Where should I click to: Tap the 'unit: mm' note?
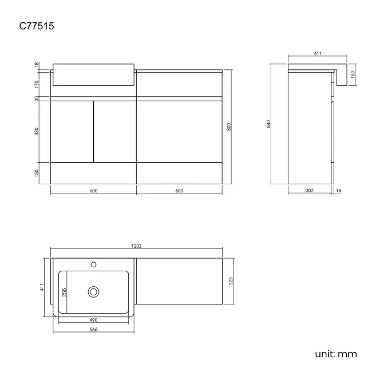(336, 353)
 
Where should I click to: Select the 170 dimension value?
(37, 84)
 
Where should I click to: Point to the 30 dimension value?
(37, 98)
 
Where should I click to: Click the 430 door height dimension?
(37, 132)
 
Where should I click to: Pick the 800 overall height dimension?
(229, 127)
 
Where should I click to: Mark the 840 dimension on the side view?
(268, 125)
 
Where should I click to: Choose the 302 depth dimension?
(310, 191)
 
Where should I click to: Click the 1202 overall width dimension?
(136, 246)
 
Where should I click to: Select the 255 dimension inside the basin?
(64, 292)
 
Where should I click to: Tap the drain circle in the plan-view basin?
(93, 291)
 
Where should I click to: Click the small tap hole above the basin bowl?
(93, 265)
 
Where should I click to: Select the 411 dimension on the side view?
(318, 54)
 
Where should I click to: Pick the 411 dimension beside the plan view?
(42, 287)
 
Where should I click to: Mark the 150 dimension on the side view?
(353, 75)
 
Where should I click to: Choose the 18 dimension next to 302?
(339, 191)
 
